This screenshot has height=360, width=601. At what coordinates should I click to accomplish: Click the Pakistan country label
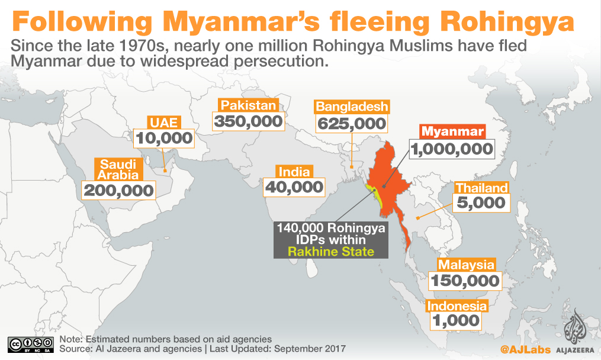tap(249, 105)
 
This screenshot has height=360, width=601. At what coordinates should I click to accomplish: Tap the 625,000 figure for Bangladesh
tap(352, 124)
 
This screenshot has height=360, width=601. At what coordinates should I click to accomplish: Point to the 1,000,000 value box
tap(451, 149)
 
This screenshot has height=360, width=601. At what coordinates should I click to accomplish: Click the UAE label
tap(164, 123)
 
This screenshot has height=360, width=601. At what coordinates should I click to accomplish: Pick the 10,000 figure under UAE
tap(164, 139)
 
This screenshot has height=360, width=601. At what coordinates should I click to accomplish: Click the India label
tap(294, 172)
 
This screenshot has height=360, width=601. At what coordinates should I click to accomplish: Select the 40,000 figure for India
tap(294, 187)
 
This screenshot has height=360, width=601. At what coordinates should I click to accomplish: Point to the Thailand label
tap(481, 188)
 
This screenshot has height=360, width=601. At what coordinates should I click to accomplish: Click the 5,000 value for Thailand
tap(481, 203)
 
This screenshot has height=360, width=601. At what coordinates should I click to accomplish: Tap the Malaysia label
tap(466, 265)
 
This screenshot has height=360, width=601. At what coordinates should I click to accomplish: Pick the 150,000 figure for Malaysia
tap(466, 281)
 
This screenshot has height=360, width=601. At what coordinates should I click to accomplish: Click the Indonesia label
tap(457, 306)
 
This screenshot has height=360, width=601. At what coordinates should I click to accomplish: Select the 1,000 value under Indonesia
tap(455, 320)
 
